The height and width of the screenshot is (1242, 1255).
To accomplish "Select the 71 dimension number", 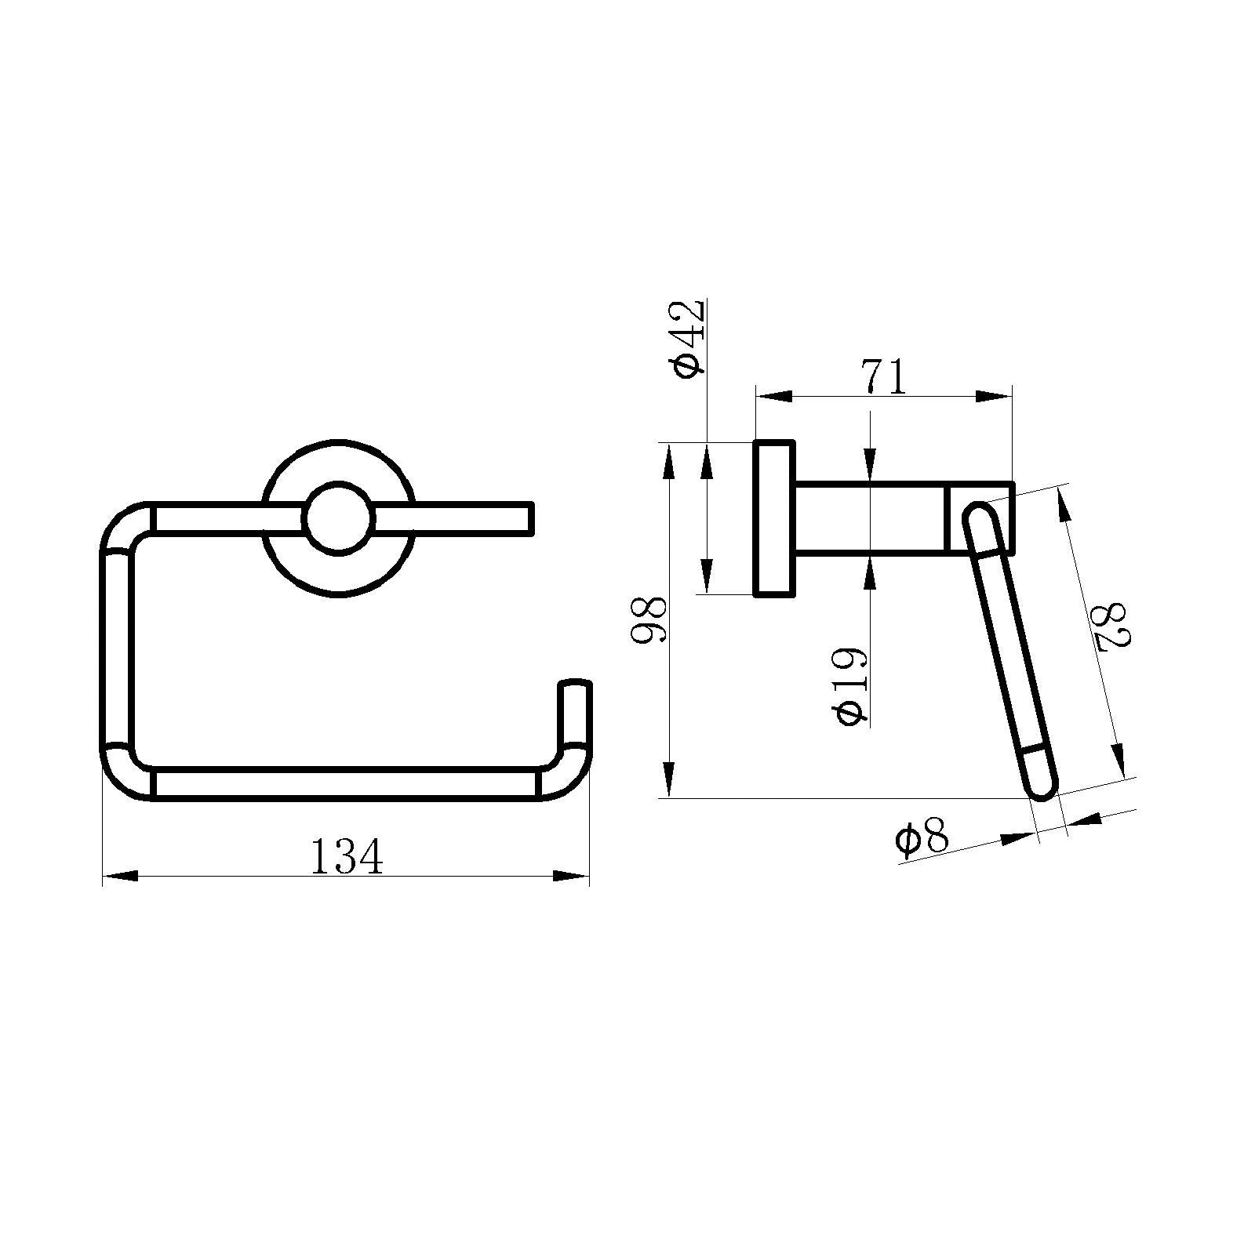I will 884,377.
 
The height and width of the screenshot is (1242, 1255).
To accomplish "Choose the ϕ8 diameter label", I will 922,839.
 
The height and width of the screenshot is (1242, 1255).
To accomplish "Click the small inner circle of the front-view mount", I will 338,517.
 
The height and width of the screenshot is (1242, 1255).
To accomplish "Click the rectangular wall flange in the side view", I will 773,518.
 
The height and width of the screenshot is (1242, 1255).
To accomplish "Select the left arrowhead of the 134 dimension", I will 120,876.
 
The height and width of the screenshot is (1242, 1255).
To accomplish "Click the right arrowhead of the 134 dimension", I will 571,876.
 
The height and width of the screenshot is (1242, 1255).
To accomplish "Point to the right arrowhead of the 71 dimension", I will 993,397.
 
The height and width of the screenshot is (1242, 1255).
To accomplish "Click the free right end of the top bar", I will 527,518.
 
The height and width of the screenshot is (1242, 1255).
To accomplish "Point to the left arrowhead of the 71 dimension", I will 773,397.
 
